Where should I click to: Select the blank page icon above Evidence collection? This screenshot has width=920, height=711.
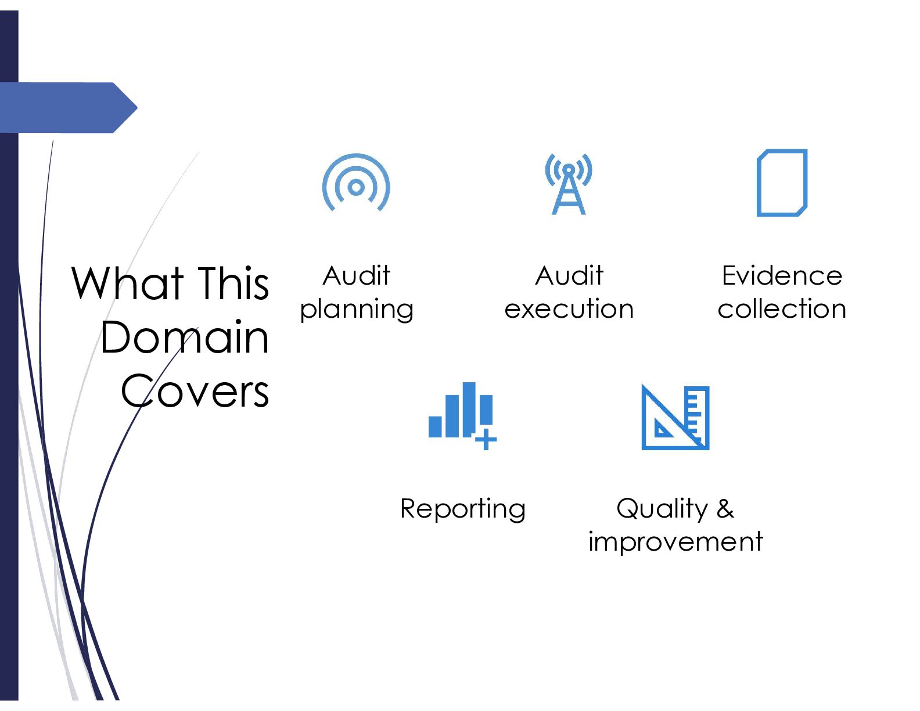[x=759, y=182]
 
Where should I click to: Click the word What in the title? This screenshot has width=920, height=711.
[x=128, y=283]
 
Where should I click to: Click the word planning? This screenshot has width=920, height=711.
[x=357, y=310]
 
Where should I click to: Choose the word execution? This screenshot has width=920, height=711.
[x=569, y=308]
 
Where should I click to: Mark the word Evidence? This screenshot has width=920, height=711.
[x=782, y=275]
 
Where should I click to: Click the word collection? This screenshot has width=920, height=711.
[x=782, y=308]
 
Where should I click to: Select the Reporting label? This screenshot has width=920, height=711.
[x=463, y=509]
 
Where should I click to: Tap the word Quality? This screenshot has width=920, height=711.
[x=662, y=509]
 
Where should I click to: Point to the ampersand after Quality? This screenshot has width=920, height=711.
[x=725, y=508]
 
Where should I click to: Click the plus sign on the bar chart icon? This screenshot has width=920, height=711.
[x=486, y=439]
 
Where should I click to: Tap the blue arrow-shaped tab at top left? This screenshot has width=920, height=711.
[x=69, y=107]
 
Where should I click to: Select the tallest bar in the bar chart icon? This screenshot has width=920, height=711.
[x=469, y=409]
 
